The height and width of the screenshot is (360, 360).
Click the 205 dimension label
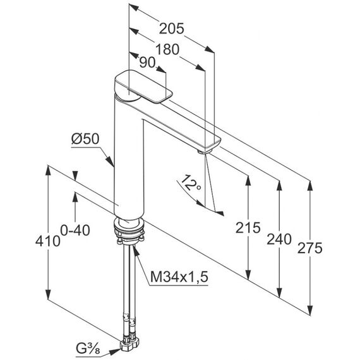pyautogui.click(x=172, y=28)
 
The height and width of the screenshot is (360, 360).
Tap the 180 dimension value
pyautogui.click(x=167, y=49)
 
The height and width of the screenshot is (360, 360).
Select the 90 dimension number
pyautogui.click(x=147, y=63)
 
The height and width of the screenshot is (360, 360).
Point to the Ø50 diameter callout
pyautogui.click(x=85, y=139)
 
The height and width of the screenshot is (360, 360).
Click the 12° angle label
pyautogui.click(x=191, y=183)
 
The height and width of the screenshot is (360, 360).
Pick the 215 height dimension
pyautogui.click(x=248, y=228)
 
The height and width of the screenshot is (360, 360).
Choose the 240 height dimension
pyautogui.click(x=279, y=239)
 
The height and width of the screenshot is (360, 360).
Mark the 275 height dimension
pyautogui.click(x=310, y=248)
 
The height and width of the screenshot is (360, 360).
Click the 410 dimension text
pyautogui.click(x=48, y=241)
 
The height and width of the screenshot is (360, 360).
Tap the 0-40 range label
pyautogui.click(x=75, y=231)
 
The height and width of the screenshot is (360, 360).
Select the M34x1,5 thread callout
pyautogui.click(x=179, y=277)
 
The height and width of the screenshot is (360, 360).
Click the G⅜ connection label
pyautogui.click(x=88, y=349)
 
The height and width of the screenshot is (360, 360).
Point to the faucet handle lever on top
pyautogui.click(x=143, y=86)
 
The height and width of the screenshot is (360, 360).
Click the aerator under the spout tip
pyautogui.click(x=204, y=152)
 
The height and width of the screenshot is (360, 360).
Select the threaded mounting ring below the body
pyautogui.click(x=129, y=230)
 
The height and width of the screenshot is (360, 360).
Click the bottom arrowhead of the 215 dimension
pyautogui.click(x=248, y=273)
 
